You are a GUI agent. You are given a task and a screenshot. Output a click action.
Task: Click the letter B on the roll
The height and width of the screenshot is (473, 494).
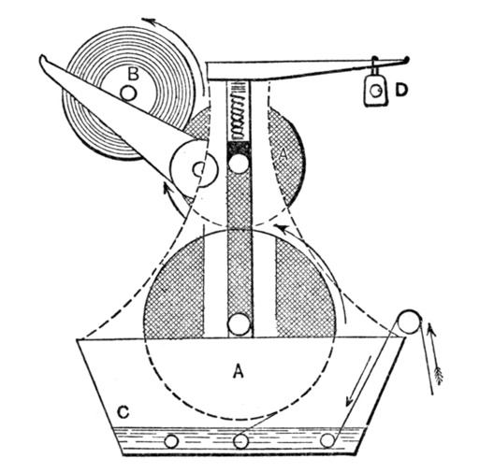click(x=133, y=74)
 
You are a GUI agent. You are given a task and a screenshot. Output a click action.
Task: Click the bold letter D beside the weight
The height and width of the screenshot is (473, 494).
click(x=401, y=91)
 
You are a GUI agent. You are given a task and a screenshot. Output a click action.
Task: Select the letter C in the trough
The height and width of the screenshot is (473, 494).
click(x=123, y=411)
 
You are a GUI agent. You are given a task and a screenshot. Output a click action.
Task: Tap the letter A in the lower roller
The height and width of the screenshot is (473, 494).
click(x=239, y=372)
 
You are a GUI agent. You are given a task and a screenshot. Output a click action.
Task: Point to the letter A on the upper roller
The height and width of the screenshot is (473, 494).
click(x=283, y=155)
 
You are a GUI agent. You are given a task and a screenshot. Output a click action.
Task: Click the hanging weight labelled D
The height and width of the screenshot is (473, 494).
click(x=375, y=91)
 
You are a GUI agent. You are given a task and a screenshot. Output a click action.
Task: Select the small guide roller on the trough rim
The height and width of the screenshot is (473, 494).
click(x=409, y=322)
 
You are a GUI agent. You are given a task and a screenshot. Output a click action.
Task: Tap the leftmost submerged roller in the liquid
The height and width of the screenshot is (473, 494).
click(x=172, y=441)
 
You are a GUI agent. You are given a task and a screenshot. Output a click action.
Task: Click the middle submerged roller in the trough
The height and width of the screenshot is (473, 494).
click(x=240, y=441)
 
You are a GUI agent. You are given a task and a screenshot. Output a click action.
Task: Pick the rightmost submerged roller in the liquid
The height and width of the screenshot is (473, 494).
click(x=327, y=440)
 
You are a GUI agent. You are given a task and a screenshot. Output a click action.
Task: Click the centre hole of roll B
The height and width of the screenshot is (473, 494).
click(x=128, y=93)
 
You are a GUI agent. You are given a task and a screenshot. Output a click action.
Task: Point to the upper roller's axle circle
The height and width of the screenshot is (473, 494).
click(x=240, y=164)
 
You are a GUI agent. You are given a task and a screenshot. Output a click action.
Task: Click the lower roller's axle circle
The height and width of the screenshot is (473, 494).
click(x=240, y=324)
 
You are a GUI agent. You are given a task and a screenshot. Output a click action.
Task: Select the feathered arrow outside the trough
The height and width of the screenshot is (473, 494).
click(x=434, y=359)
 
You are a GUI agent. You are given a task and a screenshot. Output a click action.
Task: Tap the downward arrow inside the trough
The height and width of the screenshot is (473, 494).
click(x=358, y=380)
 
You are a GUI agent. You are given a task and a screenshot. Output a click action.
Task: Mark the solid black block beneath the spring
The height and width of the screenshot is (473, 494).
click(x=240, y=147)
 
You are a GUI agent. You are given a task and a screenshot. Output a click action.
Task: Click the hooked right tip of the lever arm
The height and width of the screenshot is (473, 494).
click(x=406, y=59)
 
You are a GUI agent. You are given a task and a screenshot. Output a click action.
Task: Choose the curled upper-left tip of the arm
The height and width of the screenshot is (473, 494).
click(x=43, y=59)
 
